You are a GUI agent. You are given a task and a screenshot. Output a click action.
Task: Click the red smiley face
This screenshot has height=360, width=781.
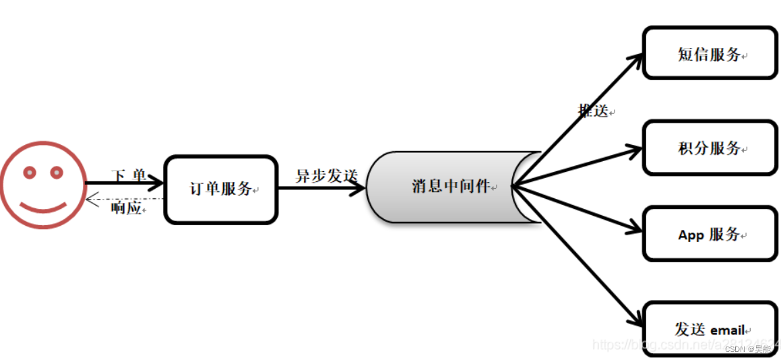(43, 185)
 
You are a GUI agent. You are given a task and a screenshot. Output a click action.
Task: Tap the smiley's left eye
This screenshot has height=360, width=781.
(30, 173)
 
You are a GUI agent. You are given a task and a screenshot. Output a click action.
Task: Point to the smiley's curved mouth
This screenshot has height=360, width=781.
(43, 206)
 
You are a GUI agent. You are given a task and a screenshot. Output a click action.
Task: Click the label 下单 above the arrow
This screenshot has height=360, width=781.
(128, 175)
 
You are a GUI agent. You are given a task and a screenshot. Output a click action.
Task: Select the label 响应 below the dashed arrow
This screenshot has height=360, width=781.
(126, 208)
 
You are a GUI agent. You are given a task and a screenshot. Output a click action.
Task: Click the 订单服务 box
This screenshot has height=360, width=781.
(221, 189)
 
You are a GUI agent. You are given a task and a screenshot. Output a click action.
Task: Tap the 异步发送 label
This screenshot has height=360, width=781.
(326, 176)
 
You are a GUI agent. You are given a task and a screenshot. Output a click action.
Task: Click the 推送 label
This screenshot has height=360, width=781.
(594, 111)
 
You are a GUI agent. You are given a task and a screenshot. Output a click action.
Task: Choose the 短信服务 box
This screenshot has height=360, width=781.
(710, 54)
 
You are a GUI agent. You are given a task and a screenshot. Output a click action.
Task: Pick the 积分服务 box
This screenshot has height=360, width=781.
(710, 148)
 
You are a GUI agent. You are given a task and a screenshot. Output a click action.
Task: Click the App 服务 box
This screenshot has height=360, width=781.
(710, 235)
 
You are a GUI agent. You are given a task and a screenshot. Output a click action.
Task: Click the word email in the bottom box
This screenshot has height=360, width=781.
(728, 330)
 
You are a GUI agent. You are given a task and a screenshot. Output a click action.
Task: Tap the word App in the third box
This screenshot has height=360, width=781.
(691, 235)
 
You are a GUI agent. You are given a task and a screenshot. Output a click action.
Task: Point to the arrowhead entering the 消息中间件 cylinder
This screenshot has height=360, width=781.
(359, 187)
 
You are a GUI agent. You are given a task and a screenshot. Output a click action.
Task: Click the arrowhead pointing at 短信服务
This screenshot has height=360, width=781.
(637, 59)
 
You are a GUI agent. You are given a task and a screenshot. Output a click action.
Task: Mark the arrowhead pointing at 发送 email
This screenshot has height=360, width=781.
(637, 322)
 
